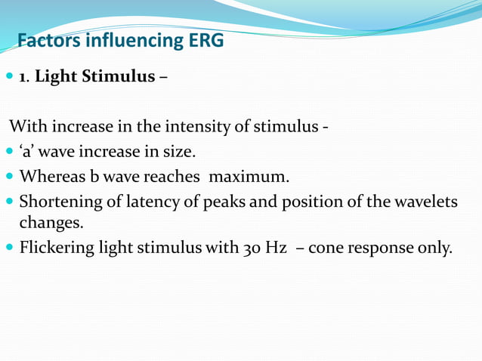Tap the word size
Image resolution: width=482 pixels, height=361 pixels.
pyautogui.click(x=180, y=152)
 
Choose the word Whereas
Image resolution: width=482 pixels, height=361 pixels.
pyautogui.click(x=51, y=177)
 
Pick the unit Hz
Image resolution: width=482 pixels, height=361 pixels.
pyautogui.click(x=275, y=248)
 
